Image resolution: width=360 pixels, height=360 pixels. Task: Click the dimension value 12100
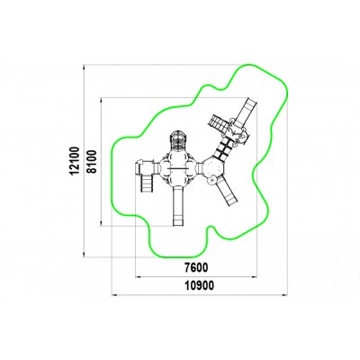(x=74, y=161)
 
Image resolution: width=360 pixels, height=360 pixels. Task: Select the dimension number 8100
(x=93, y=161)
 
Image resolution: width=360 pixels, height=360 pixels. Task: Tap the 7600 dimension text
(x=196, y=267)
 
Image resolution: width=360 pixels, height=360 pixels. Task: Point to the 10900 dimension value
(x=200, y=285)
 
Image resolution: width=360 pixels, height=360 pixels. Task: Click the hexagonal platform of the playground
(x=213, y=169)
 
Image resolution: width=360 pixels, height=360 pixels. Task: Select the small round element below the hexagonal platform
(x=212, y=180)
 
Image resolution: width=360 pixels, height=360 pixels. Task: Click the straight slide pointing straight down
(x=178, y=206)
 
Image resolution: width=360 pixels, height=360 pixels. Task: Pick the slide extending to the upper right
(x=247, y=112)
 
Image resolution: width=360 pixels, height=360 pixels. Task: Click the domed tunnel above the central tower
(x=179, y=139)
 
